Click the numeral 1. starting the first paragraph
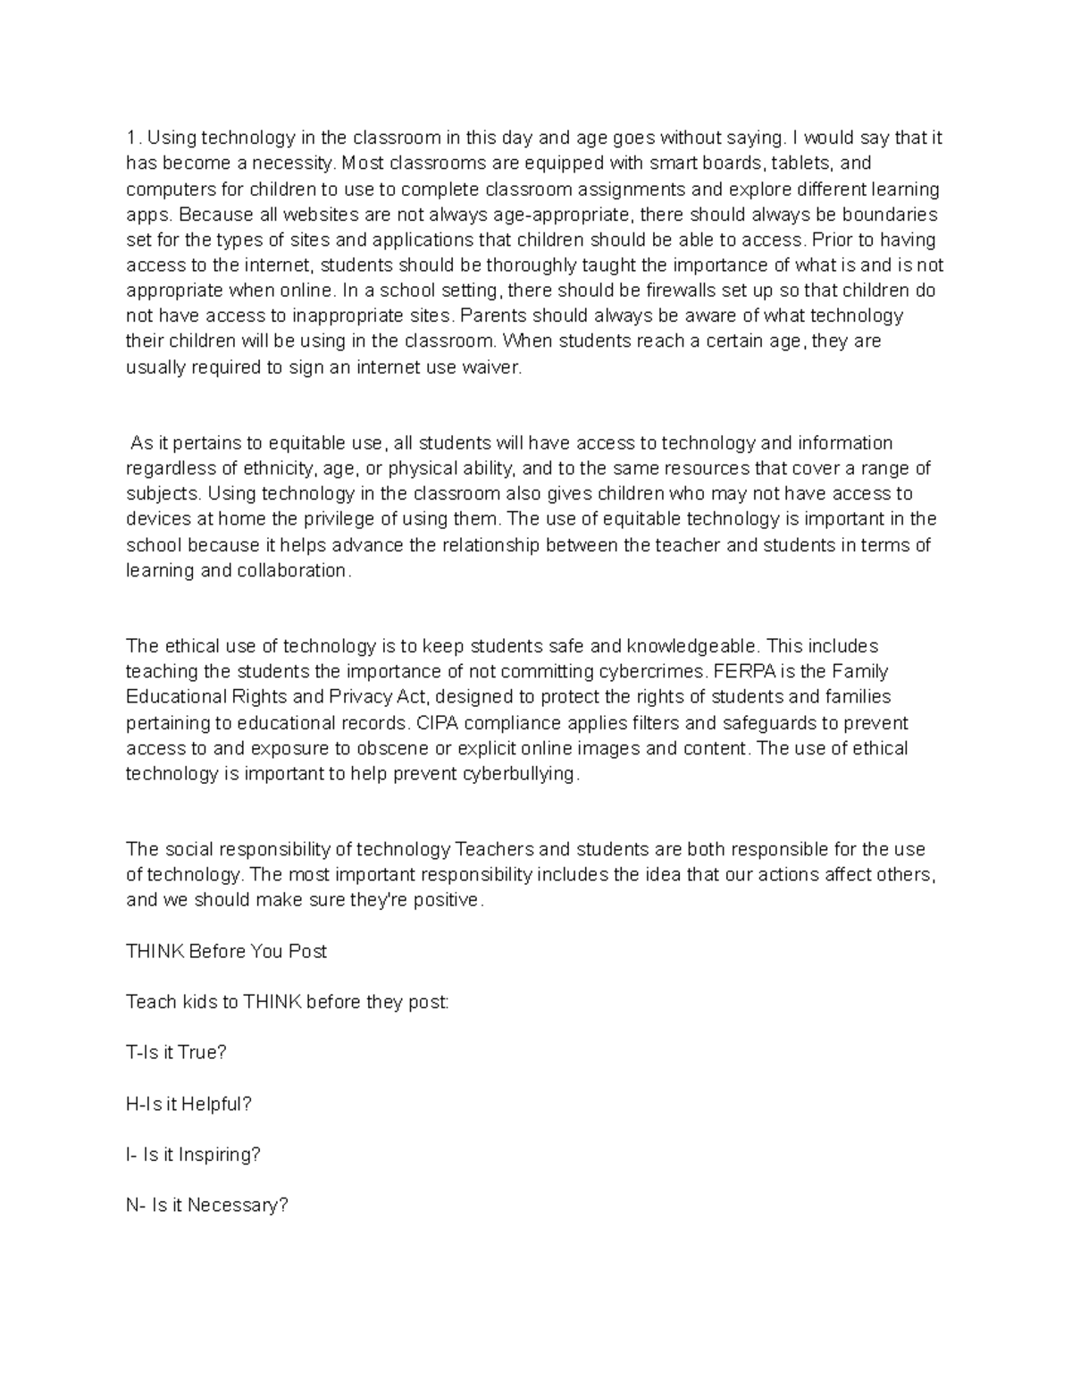tap(133, 139)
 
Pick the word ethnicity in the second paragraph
tap(275, 468)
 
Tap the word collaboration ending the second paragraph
tap(292, 570)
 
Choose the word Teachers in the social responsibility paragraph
tap(494, 849)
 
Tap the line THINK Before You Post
tap(227, 952)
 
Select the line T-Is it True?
tap(177, 1053)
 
